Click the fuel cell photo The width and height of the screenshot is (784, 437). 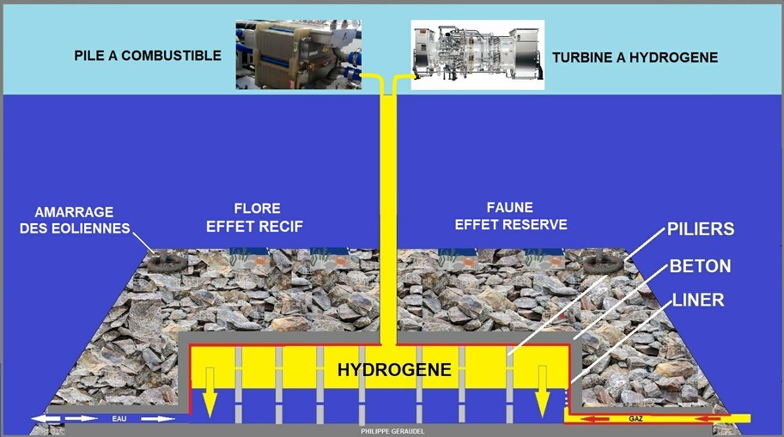(298, 54)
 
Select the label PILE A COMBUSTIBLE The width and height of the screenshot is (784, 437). (148, 56)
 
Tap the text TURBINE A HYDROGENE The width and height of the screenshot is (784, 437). (635, 58)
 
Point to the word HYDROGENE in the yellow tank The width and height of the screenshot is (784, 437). (394, 371)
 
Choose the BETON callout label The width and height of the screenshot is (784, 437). (699, 266)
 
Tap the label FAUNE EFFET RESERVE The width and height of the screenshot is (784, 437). (511, 216)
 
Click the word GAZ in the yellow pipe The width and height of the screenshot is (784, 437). (635, 419)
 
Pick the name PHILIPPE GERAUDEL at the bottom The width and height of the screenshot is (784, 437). (392, 430)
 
